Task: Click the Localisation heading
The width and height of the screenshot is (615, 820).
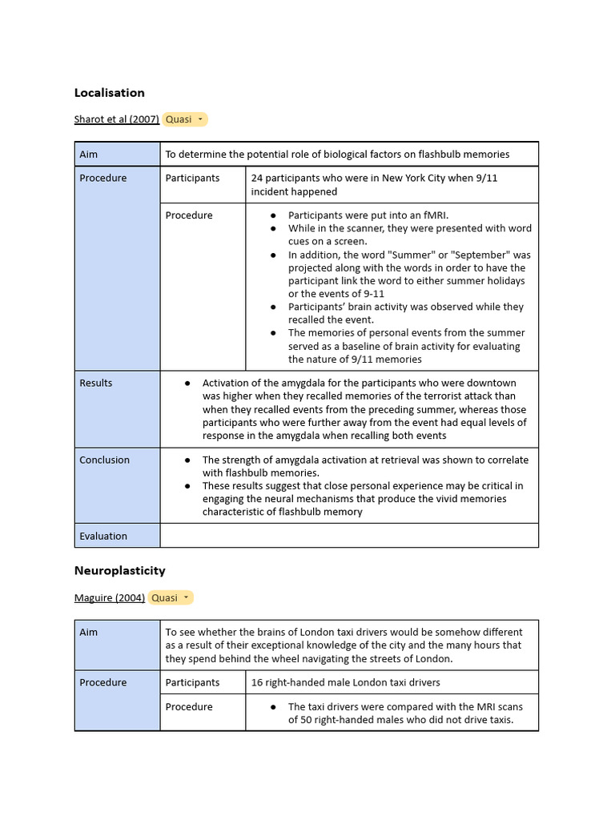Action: click(109, 93)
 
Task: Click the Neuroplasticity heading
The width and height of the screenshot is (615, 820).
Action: click(119, 571)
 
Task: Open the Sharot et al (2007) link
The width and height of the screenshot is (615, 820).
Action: click(116, 119)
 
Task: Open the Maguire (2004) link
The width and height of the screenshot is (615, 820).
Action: click(109, 598)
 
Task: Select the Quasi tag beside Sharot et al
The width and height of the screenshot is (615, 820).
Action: click(184, 119)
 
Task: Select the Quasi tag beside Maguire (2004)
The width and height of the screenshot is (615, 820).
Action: click(171, 598)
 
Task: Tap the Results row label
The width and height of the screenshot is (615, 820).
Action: click(96, 384)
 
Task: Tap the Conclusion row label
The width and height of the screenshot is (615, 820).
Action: click(104, 460)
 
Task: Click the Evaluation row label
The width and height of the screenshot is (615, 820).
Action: click(103, 537)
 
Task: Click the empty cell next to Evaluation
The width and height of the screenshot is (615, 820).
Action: click(348, 536)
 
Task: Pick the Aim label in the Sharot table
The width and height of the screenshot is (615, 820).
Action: click(88, 155)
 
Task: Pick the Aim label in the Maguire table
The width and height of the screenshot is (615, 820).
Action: click(88, 633)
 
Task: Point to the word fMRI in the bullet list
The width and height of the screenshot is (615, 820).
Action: click(432, 215)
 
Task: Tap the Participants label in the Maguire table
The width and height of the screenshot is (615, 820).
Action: click(192, 683)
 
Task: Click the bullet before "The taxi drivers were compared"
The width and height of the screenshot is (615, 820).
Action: click(273, 707)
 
